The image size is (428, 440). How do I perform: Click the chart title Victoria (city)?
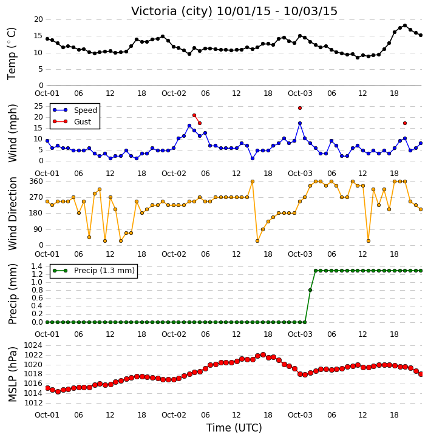tap(172, 12)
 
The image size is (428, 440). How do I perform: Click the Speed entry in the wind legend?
tap(75, 110)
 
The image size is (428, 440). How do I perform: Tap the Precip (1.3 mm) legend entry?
tap(93, 271)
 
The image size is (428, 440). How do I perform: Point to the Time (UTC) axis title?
tap(234, 428)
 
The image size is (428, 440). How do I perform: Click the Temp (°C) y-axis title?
tap(12, 53)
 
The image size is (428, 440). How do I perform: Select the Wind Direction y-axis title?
tap(13, 213)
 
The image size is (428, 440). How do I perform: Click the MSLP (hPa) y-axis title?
tap(13, 374)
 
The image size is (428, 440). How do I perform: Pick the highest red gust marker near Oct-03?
tap(300, 108)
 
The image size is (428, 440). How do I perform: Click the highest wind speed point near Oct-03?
tap(300, 123)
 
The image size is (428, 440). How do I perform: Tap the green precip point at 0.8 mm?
tap(310, 290)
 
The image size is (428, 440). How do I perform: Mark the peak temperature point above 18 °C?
tap(405, 25)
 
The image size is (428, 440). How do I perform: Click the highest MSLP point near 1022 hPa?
tap(263, 354)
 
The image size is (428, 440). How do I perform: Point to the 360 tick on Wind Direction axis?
tap(36, 181)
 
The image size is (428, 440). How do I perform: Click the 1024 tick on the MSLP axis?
tap(33, 345)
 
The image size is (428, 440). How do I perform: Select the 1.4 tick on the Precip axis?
tap(37, 266)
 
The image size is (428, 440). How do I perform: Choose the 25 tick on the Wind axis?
tap(38, 106)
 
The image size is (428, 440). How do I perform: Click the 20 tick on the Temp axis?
tap(38, 19)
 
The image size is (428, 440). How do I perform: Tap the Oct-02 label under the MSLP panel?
tap(174, 415)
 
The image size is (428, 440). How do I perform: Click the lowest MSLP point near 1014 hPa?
tap(58, 391)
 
